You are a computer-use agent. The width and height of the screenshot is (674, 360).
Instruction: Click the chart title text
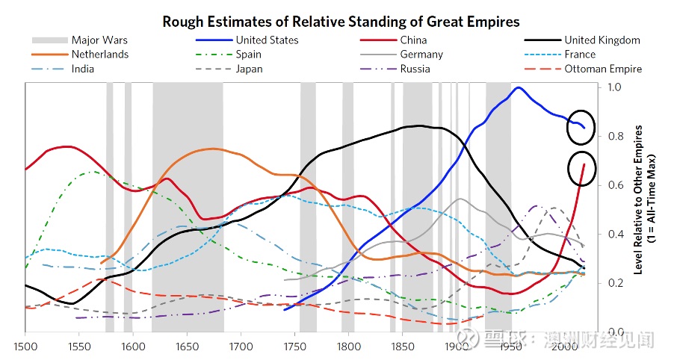pos(341,22)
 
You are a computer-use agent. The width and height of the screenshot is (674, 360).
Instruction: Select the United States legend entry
pos(247,40)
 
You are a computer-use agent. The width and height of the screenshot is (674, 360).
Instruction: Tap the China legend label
pos(413,40)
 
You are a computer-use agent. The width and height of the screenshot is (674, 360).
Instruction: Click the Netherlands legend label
pos(99,54)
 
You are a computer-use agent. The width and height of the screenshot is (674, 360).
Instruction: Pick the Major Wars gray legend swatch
pos(50,40)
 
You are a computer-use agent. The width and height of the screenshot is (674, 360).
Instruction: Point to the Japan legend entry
pos(229,69)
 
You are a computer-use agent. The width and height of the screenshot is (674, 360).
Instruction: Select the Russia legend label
pos(415,69)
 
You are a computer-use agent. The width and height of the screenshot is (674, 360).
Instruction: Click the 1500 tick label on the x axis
pos(25,347)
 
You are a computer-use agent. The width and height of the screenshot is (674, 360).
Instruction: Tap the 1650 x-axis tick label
pos(187,347)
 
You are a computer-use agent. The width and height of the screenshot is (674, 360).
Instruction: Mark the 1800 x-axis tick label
pos(349,347)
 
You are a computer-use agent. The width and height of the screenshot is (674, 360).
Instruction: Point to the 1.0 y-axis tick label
pos(614,87)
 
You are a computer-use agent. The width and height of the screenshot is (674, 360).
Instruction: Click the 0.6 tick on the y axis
pos(614,184)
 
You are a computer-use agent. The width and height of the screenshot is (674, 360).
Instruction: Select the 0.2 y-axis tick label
pos(614,282)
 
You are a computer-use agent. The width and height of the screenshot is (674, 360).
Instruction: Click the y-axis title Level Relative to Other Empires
pos(638,199)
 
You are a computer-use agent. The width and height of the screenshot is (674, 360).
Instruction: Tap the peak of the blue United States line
pos(519,87)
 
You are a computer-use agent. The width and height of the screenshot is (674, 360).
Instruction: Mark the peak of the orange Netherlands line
pos(211,149)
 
